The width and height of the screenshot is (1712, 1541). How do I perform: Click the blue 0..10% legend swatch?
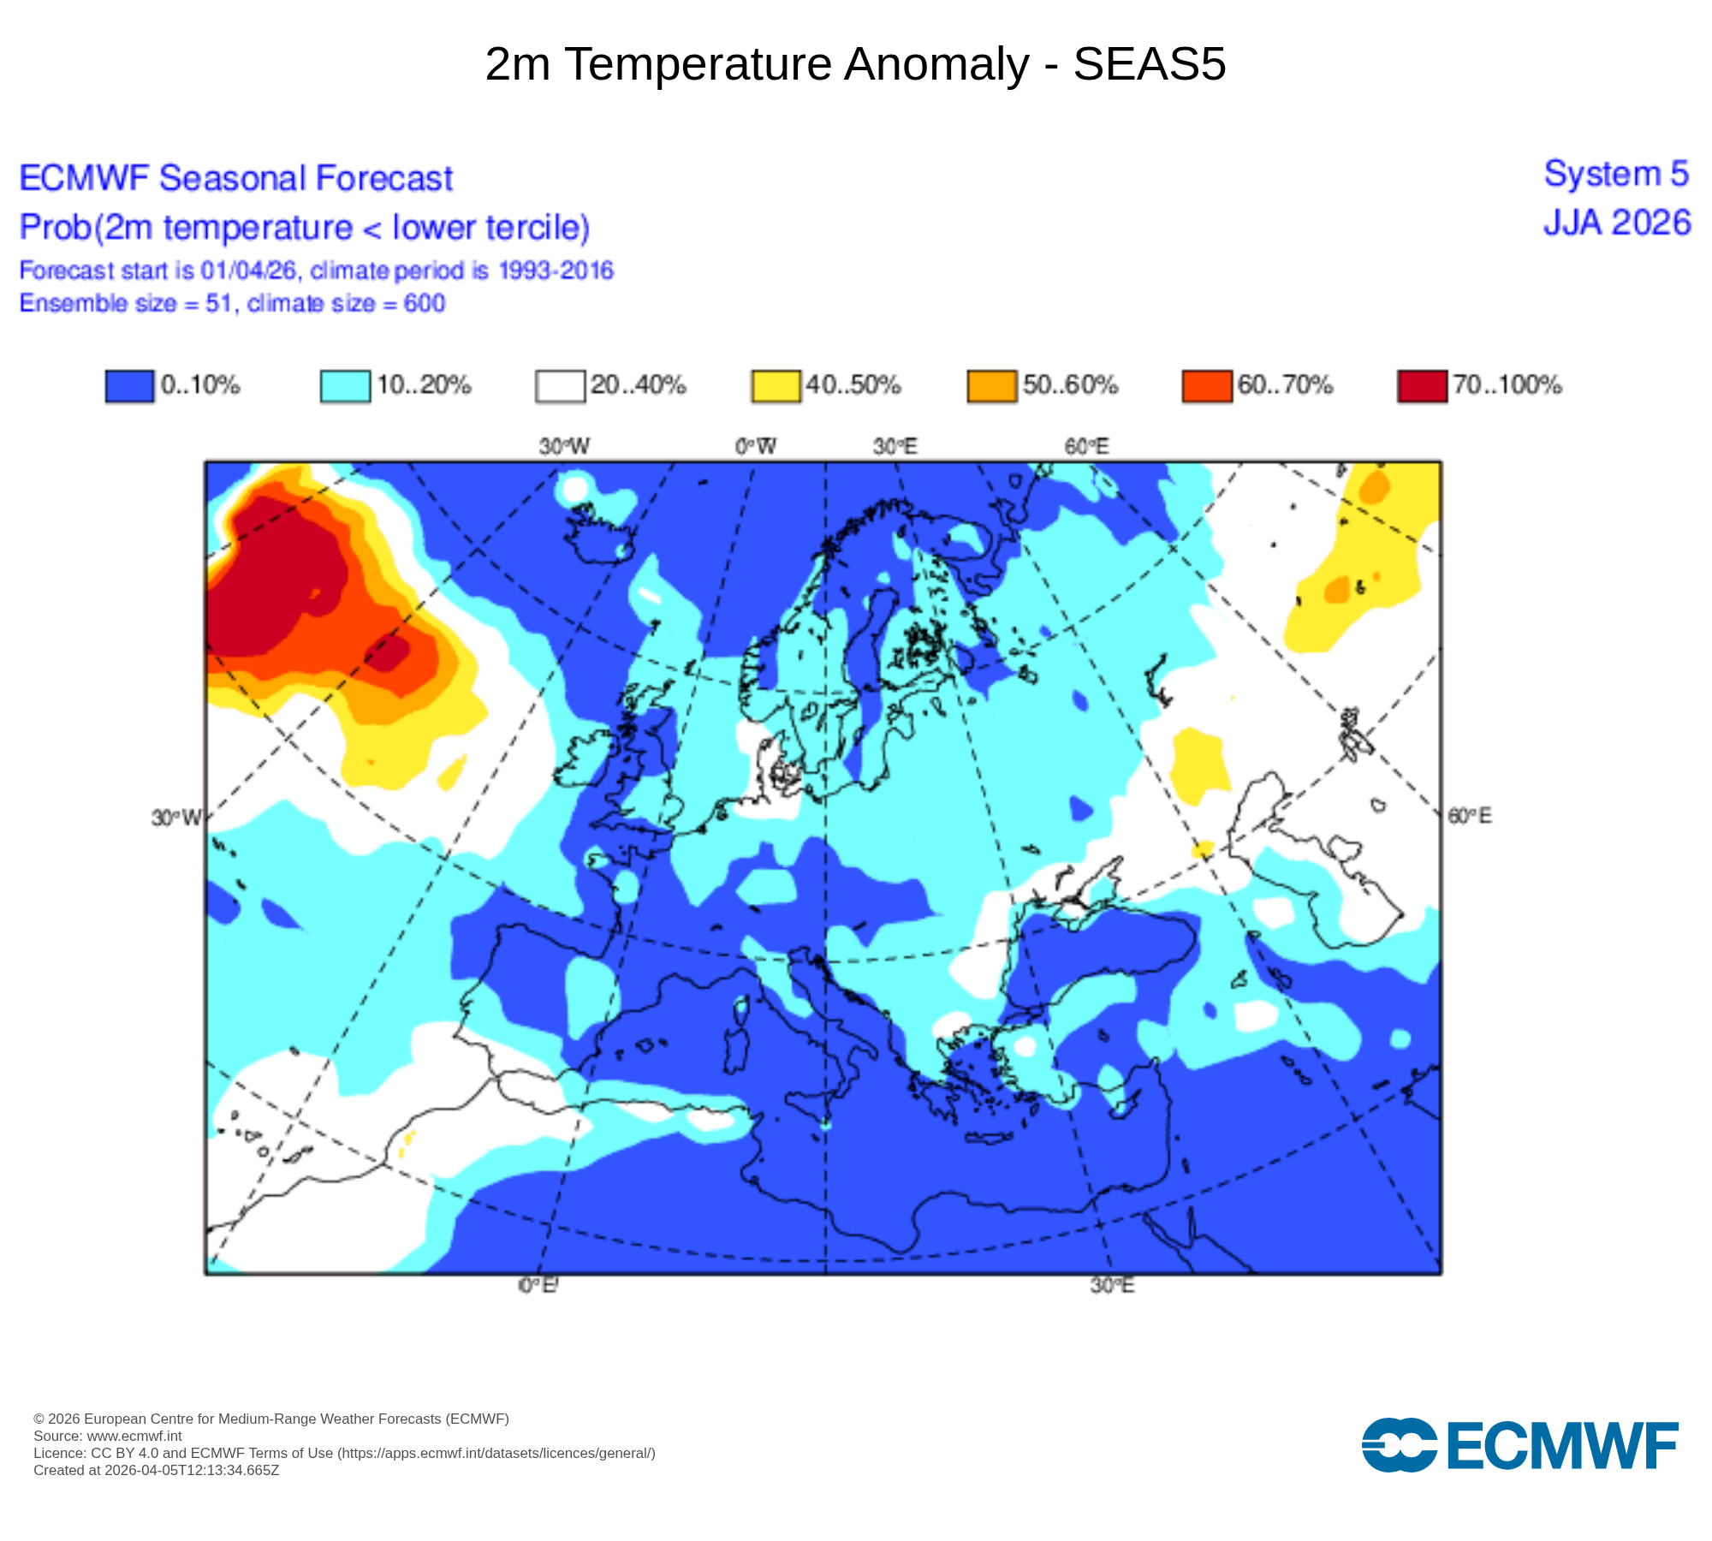tap(129, 385)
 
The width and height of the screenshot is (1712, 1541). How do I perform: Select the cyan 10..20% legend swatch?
tap(345, 385)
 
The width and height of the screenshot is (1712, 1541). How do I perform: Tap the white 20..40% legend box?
tap(561, 385)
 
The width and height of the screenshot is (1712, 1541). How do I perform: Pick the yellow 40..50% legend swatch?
tap(776, 385)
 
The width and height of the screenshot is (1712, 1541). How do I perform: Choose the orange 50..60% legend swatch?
tap(991, 385)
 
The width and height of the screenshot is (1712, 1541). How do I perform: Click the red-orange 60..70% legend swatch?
tap(1207, 385)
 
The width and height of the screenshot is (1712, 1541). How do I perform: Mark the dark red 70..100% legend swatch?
tap(1422, 385)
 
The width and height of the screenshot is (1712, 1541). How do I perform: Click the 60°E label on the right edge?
tap(1469, 816)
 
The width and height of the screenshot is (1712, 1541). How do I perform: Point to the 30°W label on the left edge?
tap(176, 818)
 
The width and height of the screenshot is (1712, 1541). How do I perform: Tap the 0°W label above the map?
tap(756, 446)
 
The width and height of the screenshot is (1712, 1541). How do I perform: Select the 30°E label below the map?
tap(1112, 1285)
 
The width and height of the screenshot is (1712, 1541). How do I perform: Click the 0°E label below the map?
tap(538, 1285)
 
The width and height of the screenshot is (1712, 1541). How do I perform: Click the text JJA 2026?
tap(1617, 223)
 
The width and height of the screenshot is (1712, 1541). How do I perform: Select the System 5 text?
tap(1616, 174)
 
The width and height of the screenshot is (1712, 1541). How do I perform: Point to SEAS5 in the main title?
tap(1150, 64)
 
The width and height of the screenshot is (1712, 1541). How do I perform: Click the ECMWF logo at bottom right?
tap(1519, 1445)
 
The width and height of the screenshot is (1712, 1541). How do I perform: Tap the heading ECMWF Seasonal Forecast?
tap(236, 178)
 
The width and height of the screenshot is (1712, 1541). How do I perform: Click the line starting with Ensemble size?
tap(232, 303)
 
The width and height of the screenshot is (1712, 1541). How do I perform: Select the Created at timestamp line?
tap(157, 1470)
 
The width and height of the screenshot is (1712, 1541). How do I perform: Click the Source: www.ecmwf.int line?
tap(108, 1436)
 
